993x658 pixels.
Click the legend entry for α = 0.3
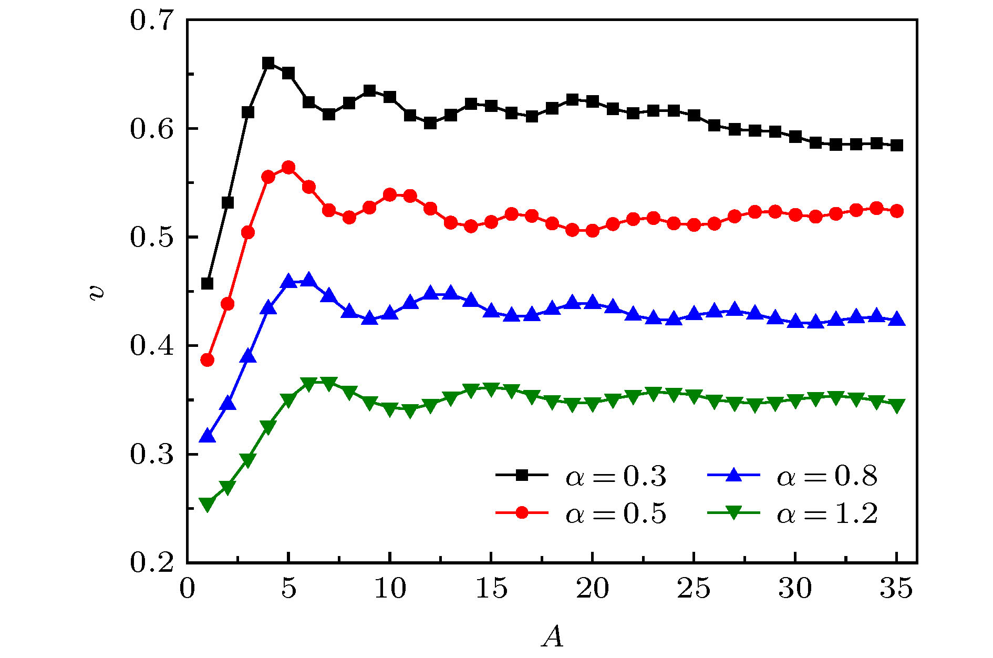click(581, 476)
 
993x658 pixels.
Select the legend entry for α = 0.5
click(581, 513)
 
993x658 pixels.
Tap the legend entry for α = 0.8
click(792, 476)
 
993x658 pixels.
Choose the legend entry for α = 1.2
click(792, 513)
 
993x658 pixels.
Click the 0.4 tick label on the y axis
click(152, 346)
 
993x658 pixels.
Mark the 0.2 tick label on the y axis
click(152, 562)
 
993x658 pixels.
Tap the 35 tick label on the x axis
click(896, 589)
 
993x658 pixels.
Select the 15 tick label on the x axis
click(491, 589)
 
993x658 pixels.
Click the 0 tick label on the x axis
click(187, 589)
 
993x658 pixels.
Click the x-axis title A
click(552, 637)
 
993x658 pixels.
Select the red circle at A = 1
click(208, 360)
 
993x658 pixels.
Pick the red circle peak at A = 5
click(288, 168)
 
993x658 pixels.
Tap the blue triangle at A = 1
click(208, 436)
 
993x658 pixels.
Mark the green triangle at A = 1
click(208, 505)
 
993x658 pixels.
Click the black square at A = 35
click(897, 146)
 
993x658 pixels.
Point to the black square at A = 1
click(208, 284)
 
